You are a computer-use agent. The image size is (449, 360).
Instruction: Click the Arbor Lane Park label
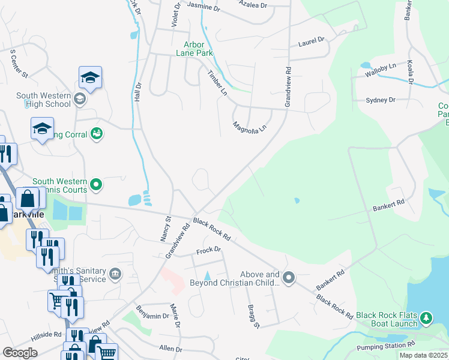pos(194,49)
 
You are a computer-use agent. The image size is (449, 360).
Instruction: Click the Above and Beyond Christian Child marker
pos(289,277)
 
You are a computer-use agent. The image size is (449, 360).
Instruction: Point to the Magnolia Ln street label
pos(249,127)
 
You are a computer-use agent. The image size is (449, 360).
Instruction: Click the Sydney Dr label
pos(381,100)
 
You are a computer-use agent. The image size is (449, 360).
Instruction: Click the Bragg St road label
pos(254,316)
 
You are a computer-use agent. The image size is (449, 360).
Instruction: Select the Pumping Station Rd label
pos(385,346)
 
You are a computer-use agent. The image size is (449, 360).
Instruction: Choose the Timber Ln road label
pos(217,83)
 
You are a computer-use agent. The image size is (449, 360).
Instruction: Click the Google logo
pos(20,353)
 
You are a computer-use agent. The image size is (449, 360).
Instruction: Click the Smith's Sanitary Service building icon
pos(115,275)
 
